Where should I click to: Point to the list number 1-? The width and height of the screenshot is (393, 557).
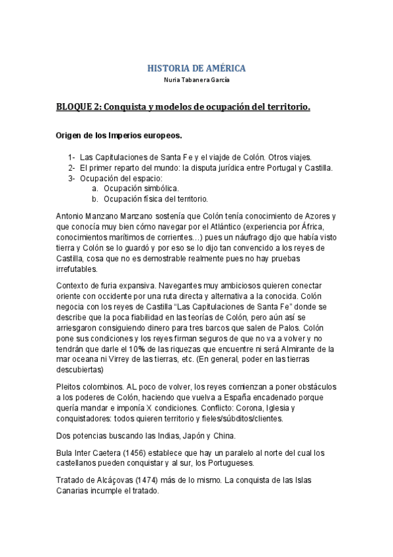[72, 157]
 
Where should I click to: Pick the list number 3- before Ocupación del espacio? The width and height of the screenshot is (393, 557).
[72, 178]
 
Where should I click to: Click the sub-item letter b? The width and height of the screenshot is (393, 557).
[95, 199]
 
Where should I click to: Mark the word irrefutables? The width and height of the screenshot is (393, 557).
[77, 269]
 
